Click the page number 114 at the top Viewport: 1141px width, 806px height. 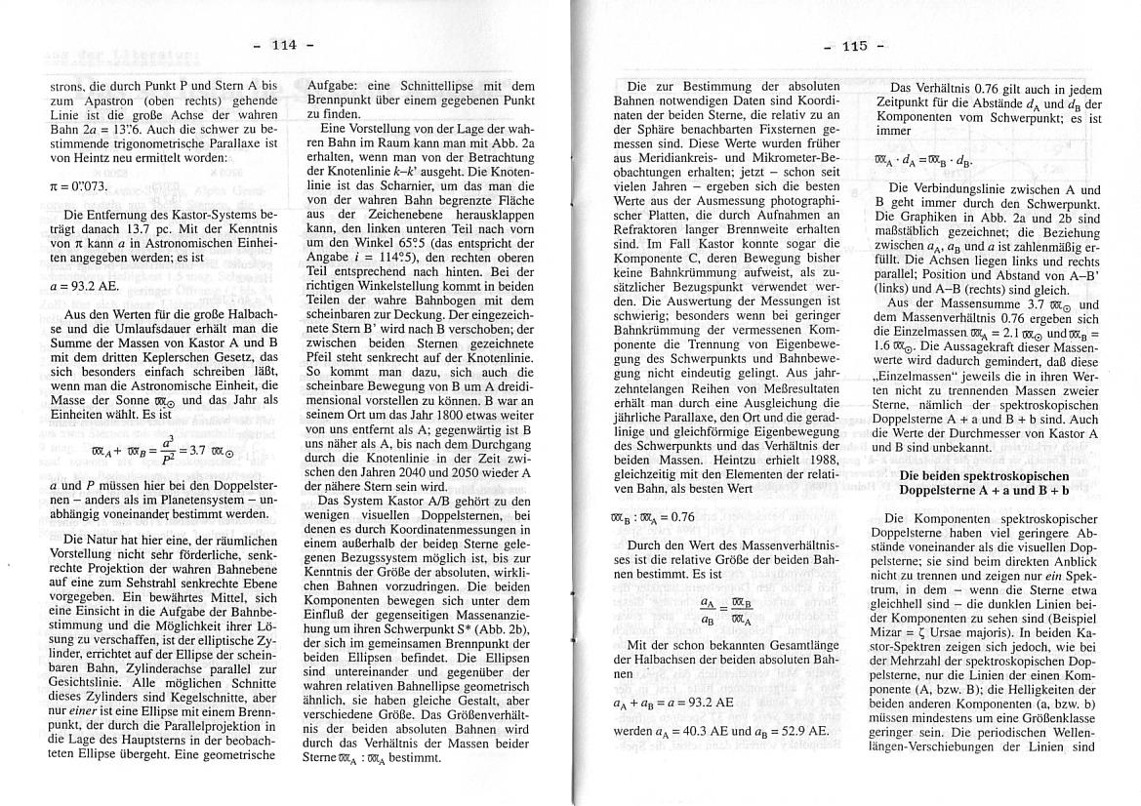click(283, 45)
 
